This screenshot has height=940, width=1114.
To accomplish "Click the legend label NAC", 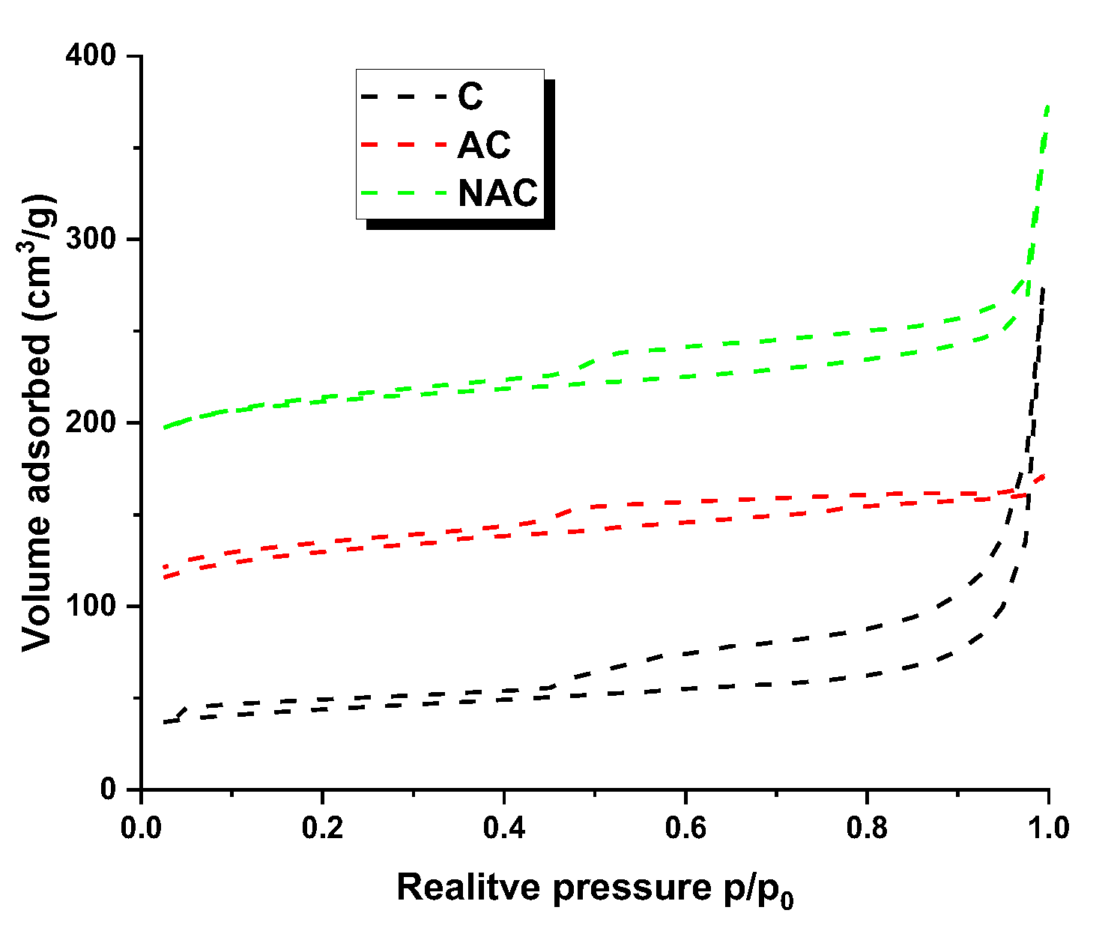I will [497, 192].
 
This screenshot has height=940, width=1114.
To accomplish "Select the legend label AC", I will [484, 145].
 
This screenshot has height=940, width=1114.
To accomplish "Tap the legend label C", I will [470, 97].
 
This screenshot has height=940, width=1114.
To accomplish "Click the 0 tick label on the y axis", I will [109, 789].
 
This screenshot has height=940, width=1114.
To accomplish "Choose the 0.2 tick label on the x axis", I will [322, 828].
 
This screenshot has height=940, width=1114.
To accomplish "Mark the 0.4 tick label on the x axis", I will [504, 828].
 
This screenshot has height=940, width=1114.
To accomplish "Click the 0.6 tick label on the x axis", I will [685, 828].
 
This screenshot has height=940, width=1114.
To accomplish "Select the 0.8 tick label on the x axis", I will [867, 828].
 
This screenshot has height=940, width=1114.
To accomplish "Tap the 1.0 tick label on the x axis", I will [1048, 828].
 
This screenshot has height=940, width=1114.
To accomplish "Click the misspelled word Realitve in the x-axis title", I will [469, 887].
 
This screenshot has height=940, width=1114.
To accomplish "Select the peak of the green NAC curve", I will [1047, 106].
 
